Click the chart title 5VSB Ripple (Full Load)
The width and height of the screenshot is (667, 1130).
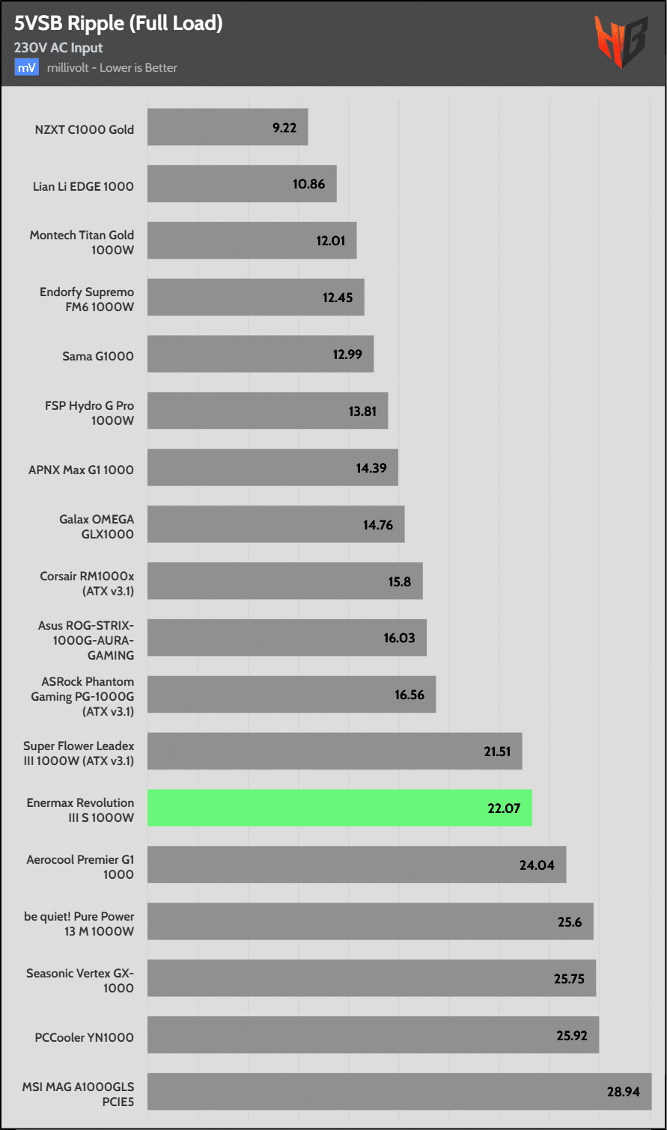118,23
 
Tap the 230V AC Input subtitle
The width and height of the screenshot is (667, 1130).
58,48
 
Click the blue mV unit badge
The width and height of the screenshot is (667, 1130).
26,67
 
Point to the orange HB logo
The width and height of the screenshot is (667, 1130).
621,42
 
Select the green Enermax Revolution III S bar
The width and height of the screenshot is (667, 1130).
339,808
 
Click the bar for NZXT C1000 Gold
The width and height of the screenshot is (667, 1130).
228,127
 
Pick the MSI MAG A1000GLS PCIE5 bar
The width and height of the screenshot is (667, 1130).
399,1092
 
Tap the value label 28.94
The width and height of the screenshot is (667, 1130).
623,1092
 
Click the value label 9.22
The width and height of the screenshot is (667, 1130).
284,128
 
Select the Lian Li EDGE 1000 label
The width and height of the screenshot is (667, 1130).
83,186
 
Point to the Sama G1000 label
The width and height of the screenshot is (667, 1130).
98,356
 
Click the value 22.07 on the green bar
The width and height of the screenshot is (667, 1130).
503,808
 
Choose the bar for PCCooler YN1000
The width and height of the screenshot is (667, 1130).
373,1035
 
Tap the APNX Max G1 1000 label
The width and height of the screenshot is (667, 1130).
81,470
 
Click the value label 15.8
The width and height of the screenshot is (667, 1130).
400,581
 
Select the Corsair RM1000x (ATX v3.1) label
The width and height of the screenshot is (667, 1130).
87,584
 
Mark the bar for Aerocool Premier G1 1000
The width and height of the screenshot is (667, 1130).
356,865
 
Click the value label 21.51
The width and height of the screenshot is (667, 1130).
497,752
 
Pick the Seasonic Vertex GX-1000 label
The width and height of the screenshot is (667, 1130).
80,980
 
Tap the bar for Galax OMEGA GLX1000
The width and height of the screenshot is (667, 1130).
275,524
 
